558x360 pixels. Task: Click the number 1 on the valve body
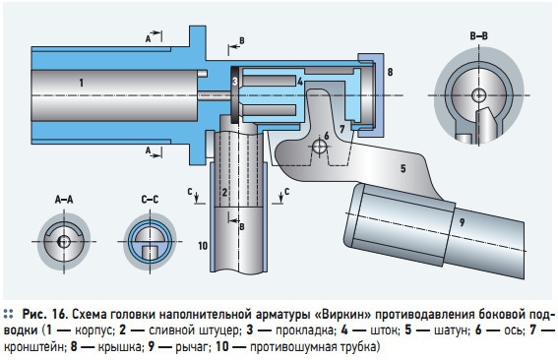(x=82, y=83)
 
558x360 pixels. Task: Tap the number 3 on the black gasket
(x=235, y=82)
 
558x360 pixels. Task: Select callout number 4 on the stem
(x=300, y=82)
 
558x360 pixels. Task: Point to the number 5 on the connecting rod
(x=403, y=168)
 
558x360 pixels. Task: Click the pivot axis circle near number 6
(x=319, y=146)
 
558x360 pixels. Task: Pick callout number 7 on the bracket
(x=342, y=129)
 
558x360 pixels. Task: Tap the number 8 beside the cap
(x=390, y=72)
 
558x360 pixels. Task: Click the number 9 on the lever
(x=462, y=222)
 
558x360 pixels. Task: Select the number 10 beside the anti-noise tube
(x=203, y=246)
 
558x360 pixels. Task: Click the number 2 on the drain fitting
(x=224, y=193)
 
